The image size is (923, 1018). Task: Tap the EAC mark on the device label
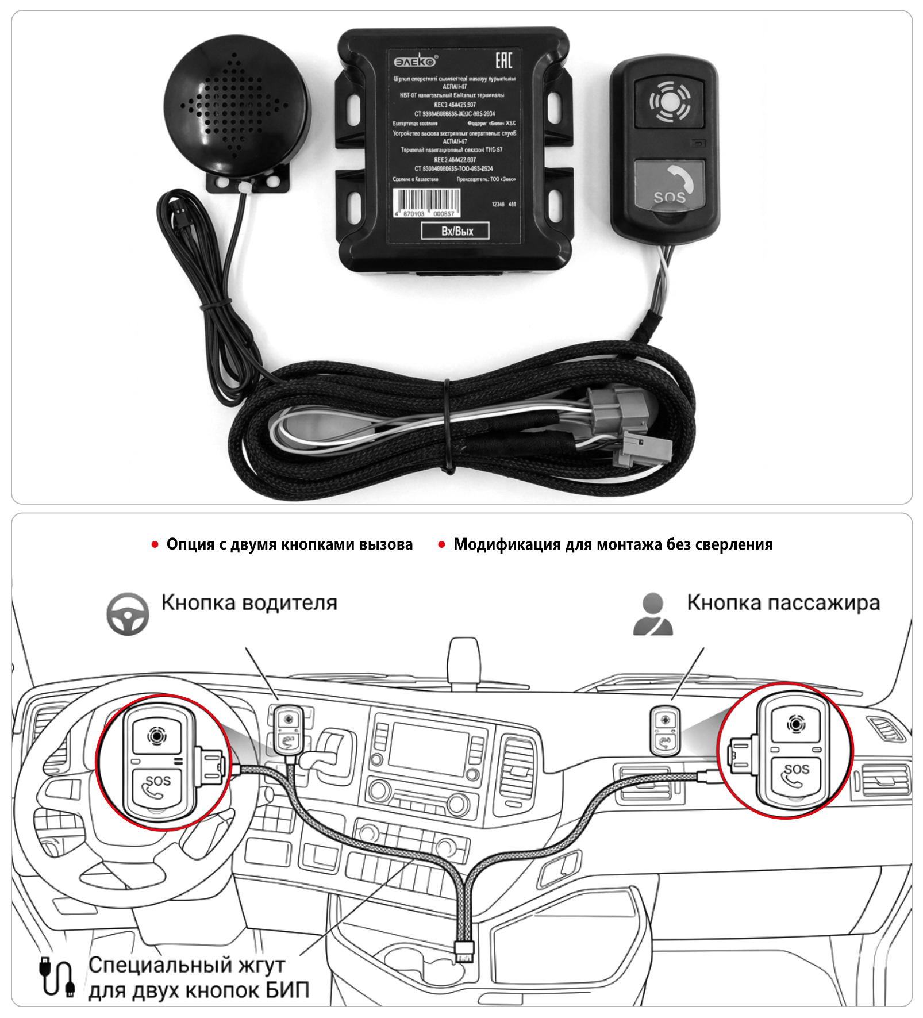click(503, 60)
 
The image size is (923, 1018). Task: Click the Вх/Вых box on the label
click(456, 231)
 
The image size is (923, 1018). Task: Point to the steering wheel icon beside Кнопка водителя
click(128, 614)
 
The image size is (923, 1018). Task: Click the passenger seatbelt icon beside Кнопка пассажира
click(653, 614)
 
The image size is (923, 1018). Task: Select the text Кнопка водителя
click(249, 603)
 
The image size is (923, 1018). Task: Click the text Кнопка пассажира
click(783, 603)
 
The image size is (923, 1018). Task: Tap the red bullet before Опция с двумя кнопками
click(155, 544)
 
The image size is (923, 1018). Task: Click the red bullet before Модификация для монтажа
click(441, 544)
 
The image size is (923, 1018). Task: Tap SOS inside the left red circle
click(158, 781)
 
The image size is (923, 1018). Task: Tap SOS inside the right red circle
click(797, 769)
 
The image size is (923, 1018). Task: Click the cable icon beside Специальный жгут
click(57, 976)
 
